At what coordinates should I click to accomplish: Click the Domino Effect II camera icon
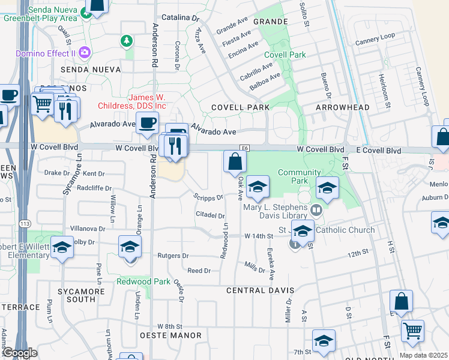pyautogui.click(x=85, y=52)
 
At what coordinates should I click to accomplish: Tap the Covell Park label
pyautogui.click(x=285, y=55)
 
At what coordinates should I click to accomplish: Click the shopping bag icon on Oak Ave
pyautogui.click(x=235, y=161)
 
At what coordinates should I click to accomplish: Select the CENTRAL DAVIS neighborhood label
pyautogui.click(x=260, y=290)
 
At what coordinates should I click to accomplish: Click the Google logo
pyautogui.click(x=19, y=353)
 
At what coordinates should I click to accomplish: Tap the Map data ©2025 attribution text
pyautogui.click(x=423, y=355)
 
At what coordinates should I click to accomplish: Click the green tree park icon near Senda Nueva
pyautogui.click(x=127, y=41)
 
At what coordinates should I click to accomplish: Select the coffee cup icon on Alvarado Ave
pyautogui.click(x=146, y=123)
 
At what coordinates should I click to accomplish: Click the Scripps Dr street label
pyautogui.click(x=209, y=197)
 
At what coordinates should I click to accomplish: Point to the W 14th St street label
pyautogui.click(x=259, y=237)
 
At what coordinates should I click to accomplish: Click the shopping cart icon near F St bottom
pyautogui.click(x=412, y=329)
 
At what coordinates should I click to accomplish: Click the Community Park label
pyautogui.click(x=300, y=177)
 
